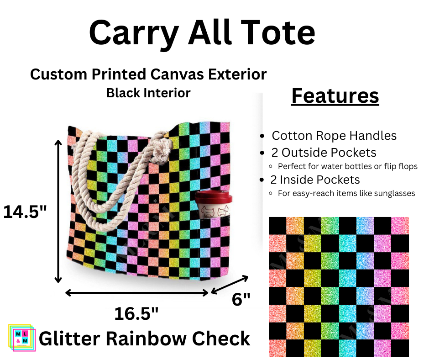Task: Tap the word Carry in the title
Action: (129, 32)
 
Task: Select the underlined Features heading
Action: (335, 96)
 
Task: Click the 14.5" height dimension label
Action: (25, 212)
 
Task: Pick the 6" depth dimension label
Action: (241, 300)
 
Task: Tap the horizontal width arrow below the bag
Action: (137, 292)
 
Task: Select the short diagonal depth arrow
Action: (230, 284)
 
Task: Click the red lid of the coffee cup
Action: (214, 198)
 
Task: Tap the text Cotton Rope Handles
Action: (334, 136)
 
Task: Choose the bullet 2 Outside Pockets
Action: (324, 152)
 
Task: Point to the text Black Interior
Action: (148, 93)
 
